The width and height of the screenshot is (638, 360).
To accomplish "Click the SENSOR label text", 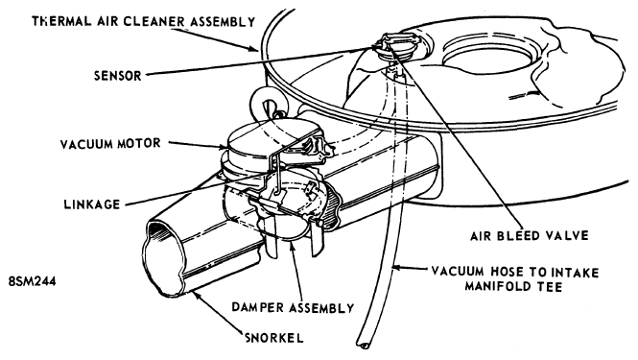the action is [x=117, y=76].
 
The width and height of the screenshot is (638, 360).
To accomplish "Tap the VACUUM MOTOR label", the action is [x=110, y=144].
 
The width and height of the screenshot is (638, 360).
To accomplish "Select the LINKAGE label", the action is [x=92, y=204].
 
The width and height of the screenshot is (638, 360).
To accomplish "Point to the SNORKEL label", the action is [x=274, y=338].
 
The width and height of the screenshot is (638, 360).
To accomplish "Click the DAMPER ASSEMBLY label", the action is [x=293, y=307].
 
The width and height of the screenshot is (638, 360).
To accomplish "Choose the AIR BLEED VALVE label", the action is [x=530, y=236].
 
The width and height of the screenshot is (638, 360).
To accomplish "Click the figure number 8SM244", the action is [x=32, y=281].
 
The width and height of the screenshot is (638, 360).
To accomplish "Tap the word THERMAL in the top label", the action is [x=61, y=21].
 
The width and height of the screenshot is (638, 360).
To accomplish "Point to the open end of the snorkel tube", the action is [x=163, y=256].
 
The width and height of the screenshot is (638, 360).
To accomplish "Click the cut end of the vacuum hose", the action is [x=363, y=345].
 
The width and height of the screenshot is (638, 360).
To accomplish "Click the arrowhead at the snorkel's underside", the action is [x=197, y=294].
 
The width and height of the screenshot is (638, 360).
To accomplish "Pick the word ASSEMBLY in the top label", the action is [x=224, y=21].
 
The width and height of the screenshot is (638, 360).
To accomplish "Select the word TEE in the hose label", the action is [x=550, y=286].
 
